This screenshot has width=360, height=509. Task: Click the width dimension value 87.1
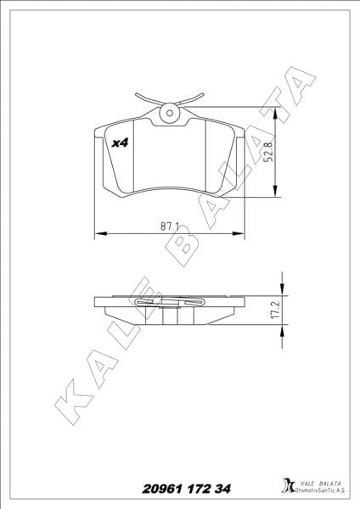click(x=168, y=225)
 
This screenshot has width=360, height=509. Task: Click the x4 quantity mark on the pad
click(x=119, y=144)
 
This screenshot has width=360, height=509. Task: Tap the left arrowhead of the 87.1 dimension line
click(x=97, y=232)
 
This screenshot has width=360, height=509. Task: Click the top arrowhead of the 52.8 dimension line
click(x=277, y=111)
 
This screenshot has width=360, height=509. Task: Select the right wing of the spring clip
click(x=194, y=98)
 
